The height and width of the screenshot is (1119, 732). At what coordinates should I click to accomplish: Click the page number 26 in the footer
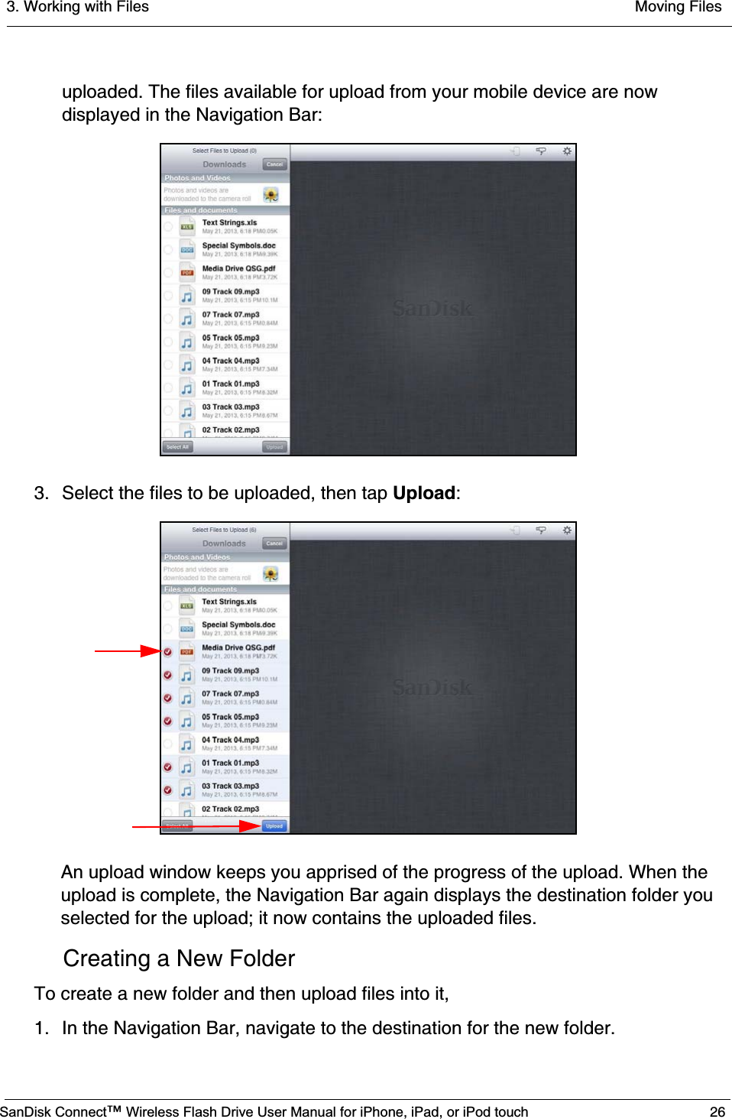(717, 1111)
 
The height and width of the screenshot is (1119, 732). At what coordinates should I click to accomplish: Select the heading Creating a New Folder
(179, 958)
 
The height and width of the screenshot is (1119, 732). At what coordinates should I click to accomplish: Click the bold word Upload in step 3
(423, 493)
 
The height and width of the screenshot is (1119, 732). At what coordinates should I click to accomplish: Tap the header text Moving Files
(678, 7)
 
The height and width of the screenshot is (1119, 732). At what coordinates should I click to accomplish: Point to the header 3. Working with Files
(78, 7)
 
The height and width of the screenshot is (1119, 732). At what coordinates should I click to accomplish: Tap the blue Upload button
(274, 825)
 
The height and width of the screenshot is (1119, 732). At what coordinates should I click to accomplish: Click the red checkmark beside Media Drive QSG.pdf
(168, 651)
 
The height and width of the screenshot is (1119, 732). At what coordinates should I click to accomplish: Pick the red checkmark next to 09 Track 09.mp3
(168, 675)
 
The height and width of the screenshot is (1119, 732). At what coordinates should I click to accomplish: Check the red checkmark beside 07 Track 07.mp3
(168, 698)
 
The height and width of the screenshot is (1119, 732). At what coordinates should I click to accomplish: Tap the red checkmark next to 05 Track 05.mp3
(168, 721)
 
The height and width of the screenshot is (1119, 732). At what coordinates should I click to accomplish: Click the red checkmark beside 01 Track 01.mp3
(168, 767)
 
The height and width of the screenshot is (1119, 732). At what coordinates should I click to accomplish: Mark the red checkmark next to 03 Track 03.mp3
(168, 790)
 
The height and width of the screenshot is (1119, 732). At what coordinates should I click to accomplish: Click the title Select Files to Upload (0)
(224, 151)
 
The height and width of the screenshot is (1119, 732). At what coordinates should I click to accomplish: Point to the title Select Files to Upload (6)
(224, 530)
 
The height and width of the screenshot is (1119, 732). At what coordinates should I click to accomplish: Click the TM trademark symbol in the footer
(115, 1109)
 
